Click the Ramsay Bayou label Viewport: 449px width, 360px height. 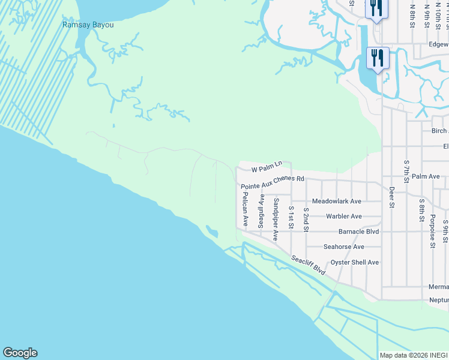(x=88, y=25)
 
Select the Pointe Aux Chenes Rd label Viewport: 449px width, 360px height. (x=273, y=182)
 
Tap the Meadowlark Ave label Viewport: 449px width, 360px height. (x=337, y=202)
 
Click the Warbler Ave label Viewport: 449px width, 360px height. (x=343, y=217)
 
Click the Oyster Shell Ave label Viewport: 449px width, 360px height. (x=355, y=262)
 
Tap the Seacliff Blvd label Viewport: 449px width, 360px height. (x=309, y=266)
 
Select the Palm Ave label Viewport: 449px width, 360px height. (x=426, y=176)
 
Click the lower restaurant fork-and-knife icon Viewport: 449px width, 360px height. (x=378, y=58)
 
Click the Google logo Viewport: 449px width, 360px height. (x=20, y=353)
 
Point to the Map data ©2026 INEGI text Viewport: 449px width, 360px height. (x=413, y=355)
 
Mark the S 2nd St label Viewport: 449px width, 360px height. (x=306, y=220)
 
